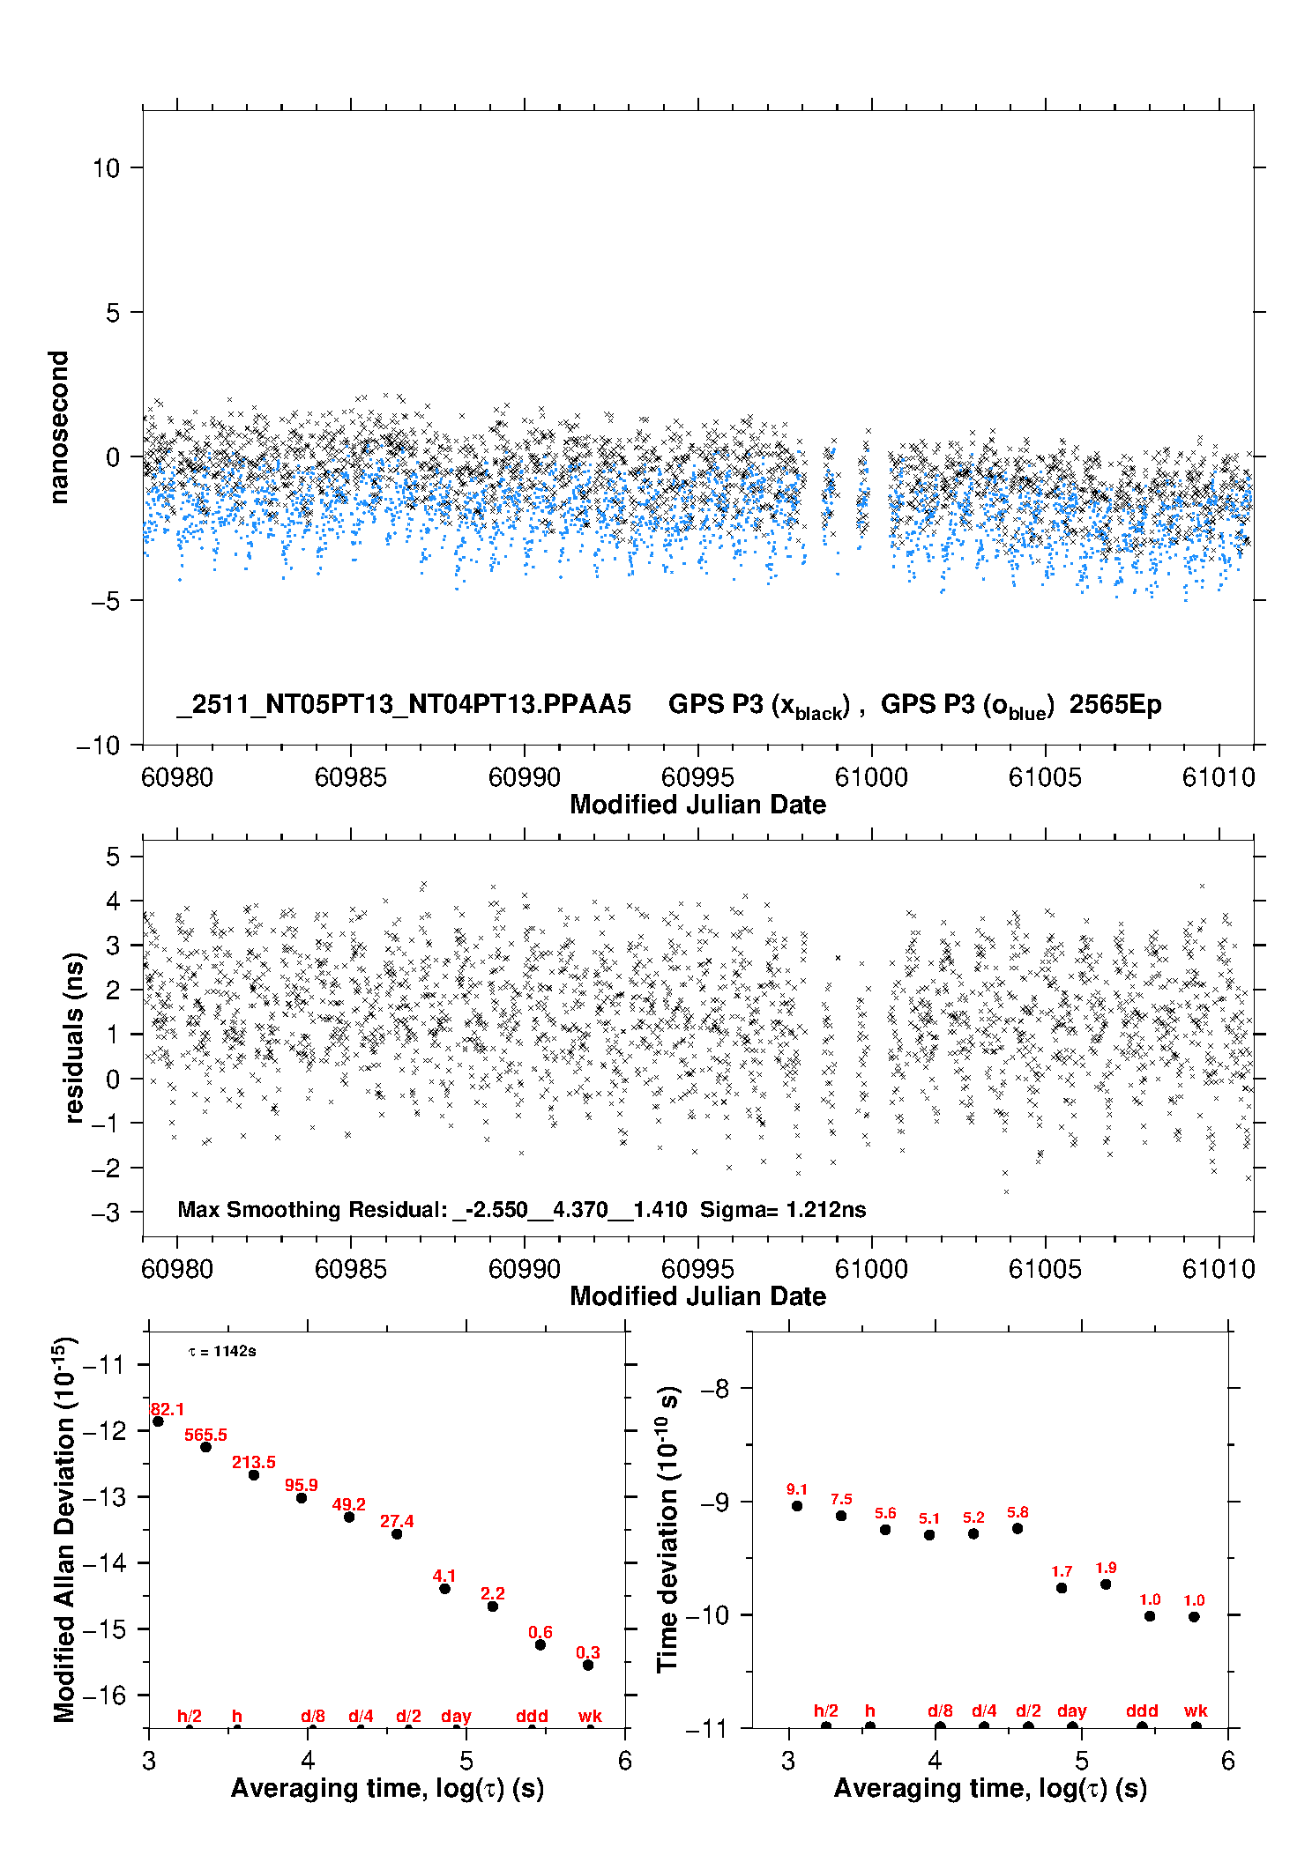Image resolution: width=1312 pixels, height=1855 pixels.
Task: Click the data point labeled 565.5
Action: pyautogui.click(x=205, y=1447)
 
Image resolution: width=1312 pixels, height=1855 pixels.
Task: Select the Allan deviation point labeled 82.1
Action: pyautogui.click(x=158, y=1421)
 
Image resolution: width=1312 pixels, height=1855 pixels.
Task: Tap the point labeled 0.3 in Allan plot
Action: pyautogui.click(x=588, y=1665)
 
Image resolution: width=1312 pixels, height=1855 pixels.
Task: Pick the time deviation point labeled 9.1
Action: pyautogui.click(x=797, y=1506)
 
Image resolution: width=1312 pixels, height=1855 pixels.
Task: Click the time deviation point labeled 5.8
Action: pyautogui.click(x=1018, y=1528)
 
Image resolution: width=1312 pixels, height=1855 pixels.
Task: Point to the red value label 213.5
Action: pyautogui.click(x=254, y=1462)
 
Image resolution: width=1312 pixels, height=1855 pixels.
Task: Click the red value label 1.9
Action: pyautogui.click(x=1106, y=1568)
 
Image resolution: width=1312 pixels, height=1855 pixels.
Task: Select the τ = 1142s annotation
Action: pyautogui.click(x=222, y=1352)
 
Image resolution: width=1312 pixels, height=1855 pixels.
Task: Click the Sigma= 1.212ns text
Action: pyautogui.click(x=783, y=1209)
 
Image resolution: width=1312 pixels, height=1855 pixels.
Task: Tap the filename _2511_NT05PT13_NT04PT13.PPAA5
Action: pyautogui.click(x=404, y=704)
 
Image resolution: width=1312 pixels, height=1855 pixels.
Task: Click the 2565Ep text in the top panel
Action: pyautogui.click(x=1115, y=704)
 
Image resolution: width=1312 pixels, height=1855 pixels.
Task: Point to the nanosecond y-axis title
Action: pyautogui.click(x=59, y=427)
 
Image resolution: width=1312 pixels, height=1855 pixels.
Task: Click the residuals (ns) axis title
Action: pyautogui.click(x=75, y=1037)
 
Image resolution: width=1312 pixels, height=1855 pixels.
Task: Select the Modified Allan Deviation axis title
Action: pyautogui.click(x=64, y=1529)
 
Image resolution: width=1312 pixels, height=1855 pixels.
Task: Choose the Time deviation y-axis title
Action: pyautogui.click(x=667, y=1529)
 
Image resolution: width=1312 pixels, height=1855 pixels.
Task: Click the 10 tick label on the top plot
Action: pyautogui.click(x=106, y=168)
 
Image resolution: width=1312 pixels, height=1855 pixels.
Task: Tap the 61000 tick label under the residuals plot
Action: pyautogui.click(x=871, y=1269)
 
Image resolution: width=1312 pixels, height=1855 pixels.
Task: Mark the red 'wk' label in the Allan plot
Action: pyautogui.click(x=590, y=1716)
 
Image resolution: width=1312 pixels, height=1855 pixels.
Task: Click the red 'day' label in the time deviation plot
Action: pyautogui.click(x=1072, y=1710)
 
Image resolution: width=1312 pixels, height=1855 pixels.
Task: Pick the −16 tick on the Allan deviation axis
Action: pyautogui.click(x=104, y=1695)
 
